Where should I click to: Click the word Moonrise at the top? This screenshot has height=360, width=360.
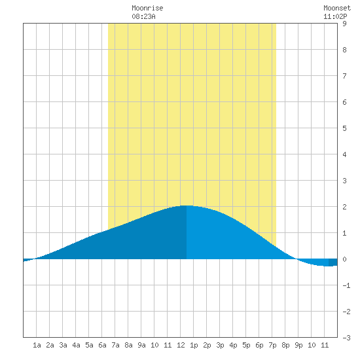pyautogui.click(x=147, y=8)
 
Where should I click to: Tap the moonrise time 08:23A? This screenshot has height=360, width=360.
pyautogui.click(x=143, y=16)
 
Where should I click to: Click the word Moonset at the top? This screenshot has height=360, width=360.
pyautogui.click(x=337, y=8)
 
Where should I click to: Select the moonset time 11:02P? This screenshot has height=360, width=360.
pyautogui.click(x=335, y=16)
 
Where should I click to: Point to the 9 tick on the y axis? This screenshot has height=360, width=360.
pyautogui.click(x=344, y=24)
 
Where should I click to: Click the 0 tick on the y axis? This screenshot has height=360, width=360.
pyautogui.click(x=344, y=259)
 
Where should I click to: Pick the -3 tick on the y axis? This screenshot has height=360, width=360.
pyautogui.click(x=346, y=338)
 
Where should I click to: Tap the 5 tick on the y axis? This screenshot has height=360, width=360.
pyautogui.click(x=344, y=128)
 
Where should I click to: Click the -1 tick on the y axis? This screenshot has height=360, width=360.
pyautogui.click(x=346, y=285)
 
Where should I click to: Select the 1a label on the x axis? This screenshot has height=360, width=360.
pyautogui.click(x=37, y=345)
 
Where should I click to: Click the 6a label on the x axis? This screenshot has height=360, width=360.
pyautogui.click(x=102, y=345)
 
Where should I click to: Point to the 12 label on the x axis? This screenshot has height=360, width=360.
pyautogui.click(x=181, y=345)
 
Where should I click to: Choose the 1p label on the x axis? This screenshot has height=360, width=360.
pyautogui.click(x=194, y=345)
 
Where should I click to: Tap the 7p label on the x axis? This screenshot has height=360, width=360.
pyautogui.click(x=272, y=345)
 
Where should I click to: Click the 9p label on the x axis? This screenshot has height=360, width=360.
pyautogui.click(x=298, y=345)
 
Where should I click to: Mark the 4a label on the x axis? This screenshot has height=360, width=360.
pyautogui.click(x=76, y=345)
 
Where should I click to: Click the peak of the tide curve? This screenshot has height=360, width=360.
pyautogui.click(x=186, y=206)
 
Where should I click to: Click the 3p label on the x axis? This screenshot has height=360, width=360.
pyautogui.click(x=220, y=345)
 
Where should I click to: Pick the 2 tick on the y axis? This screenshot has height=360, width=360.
pyautogui.click(x=344, y=207)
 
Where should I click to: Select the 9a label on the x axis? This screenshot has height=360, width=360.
pyautogui.click(x=141, y=345)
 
